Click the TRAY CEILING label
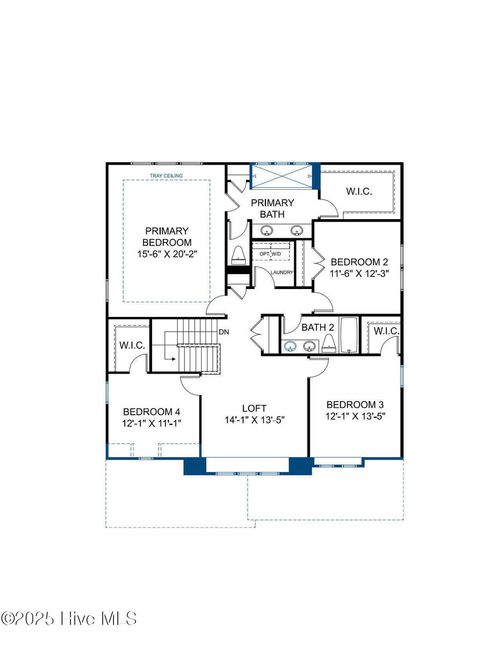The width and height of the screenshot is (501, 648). (x=166, y=176)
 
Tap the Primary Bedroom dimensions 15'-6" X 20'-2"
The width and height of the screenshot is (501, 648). (x=167, y=254)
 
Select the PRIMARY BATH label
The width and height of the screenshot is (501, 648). (x=273, y=208)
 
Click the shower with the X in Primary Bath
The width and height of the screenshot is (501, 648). (x=282, y=176)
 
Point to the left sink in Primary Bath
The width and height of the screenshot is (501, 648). (x=267, y=230)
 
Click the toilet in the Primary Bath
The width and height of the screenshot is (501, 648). (x=238, y=254)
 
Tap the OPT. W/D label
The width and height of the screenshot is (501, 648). (x=271, y=254)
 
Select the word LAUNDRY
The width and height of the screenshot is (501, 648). (x=282, y=272)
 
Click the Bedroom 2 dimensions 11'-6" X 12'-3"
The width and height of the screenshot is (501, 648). (x=359, y=273)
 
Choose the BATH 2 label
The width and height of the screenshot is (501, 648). (x=318, y=328)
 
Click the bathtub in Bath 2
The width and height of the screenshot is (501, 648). (x=348, y=335)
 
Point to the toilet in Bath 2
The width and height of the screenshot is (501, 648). (x=329, y=344)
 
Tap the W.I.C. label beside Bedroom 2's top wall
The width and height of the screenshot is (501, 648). (x=359, y=191)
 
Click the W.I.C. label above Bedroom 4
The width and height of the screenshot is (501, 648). (x=132, y=345)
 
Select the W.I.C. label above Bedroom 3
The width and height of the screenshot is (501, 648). (x=387, y=331)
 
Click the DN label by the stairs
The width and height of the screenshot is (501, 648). (x=224, y=332)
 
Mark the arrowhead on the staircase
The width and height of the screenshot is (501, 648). (x=173, y=359)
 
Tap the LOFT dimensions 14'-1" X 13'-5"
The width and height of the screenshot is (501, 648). (x=254, y=420)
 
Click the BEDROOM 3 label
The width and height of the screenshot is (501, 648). (x=355, y=404)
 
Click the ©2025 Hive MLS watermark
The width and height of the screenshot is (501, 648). (x=68, y=619)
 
